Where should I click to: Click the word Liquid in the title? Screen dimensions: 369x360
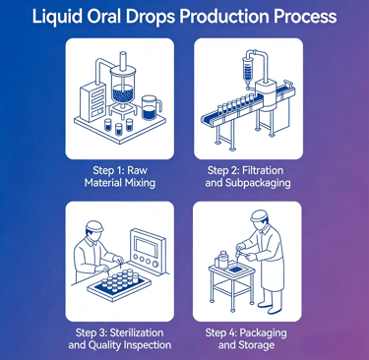56,17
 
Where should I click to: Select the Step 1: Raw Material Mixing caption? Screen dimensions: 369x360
120,176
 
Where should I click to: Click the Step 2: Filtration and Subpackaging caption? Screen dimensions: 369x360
248,176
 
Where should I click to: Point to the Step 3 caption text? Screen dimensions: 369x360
120,339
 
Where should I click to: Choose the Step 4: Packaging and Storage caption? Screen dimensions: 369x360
246,339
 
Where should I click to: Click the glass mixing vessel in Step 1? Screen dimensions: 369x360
123,86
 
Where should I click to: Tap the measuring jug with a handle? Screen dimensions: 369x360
151,107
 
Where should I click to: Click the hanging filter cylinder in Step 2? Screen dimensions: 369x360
248,67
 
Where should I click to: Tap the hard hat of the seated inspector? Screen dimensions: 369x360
94,226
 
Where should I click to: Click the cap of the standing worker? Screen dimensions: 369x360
260,216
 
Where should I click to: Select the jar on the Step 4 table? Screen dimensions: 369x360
222,260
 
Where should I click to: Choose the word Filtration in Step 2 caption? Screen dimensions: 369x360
263,170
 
